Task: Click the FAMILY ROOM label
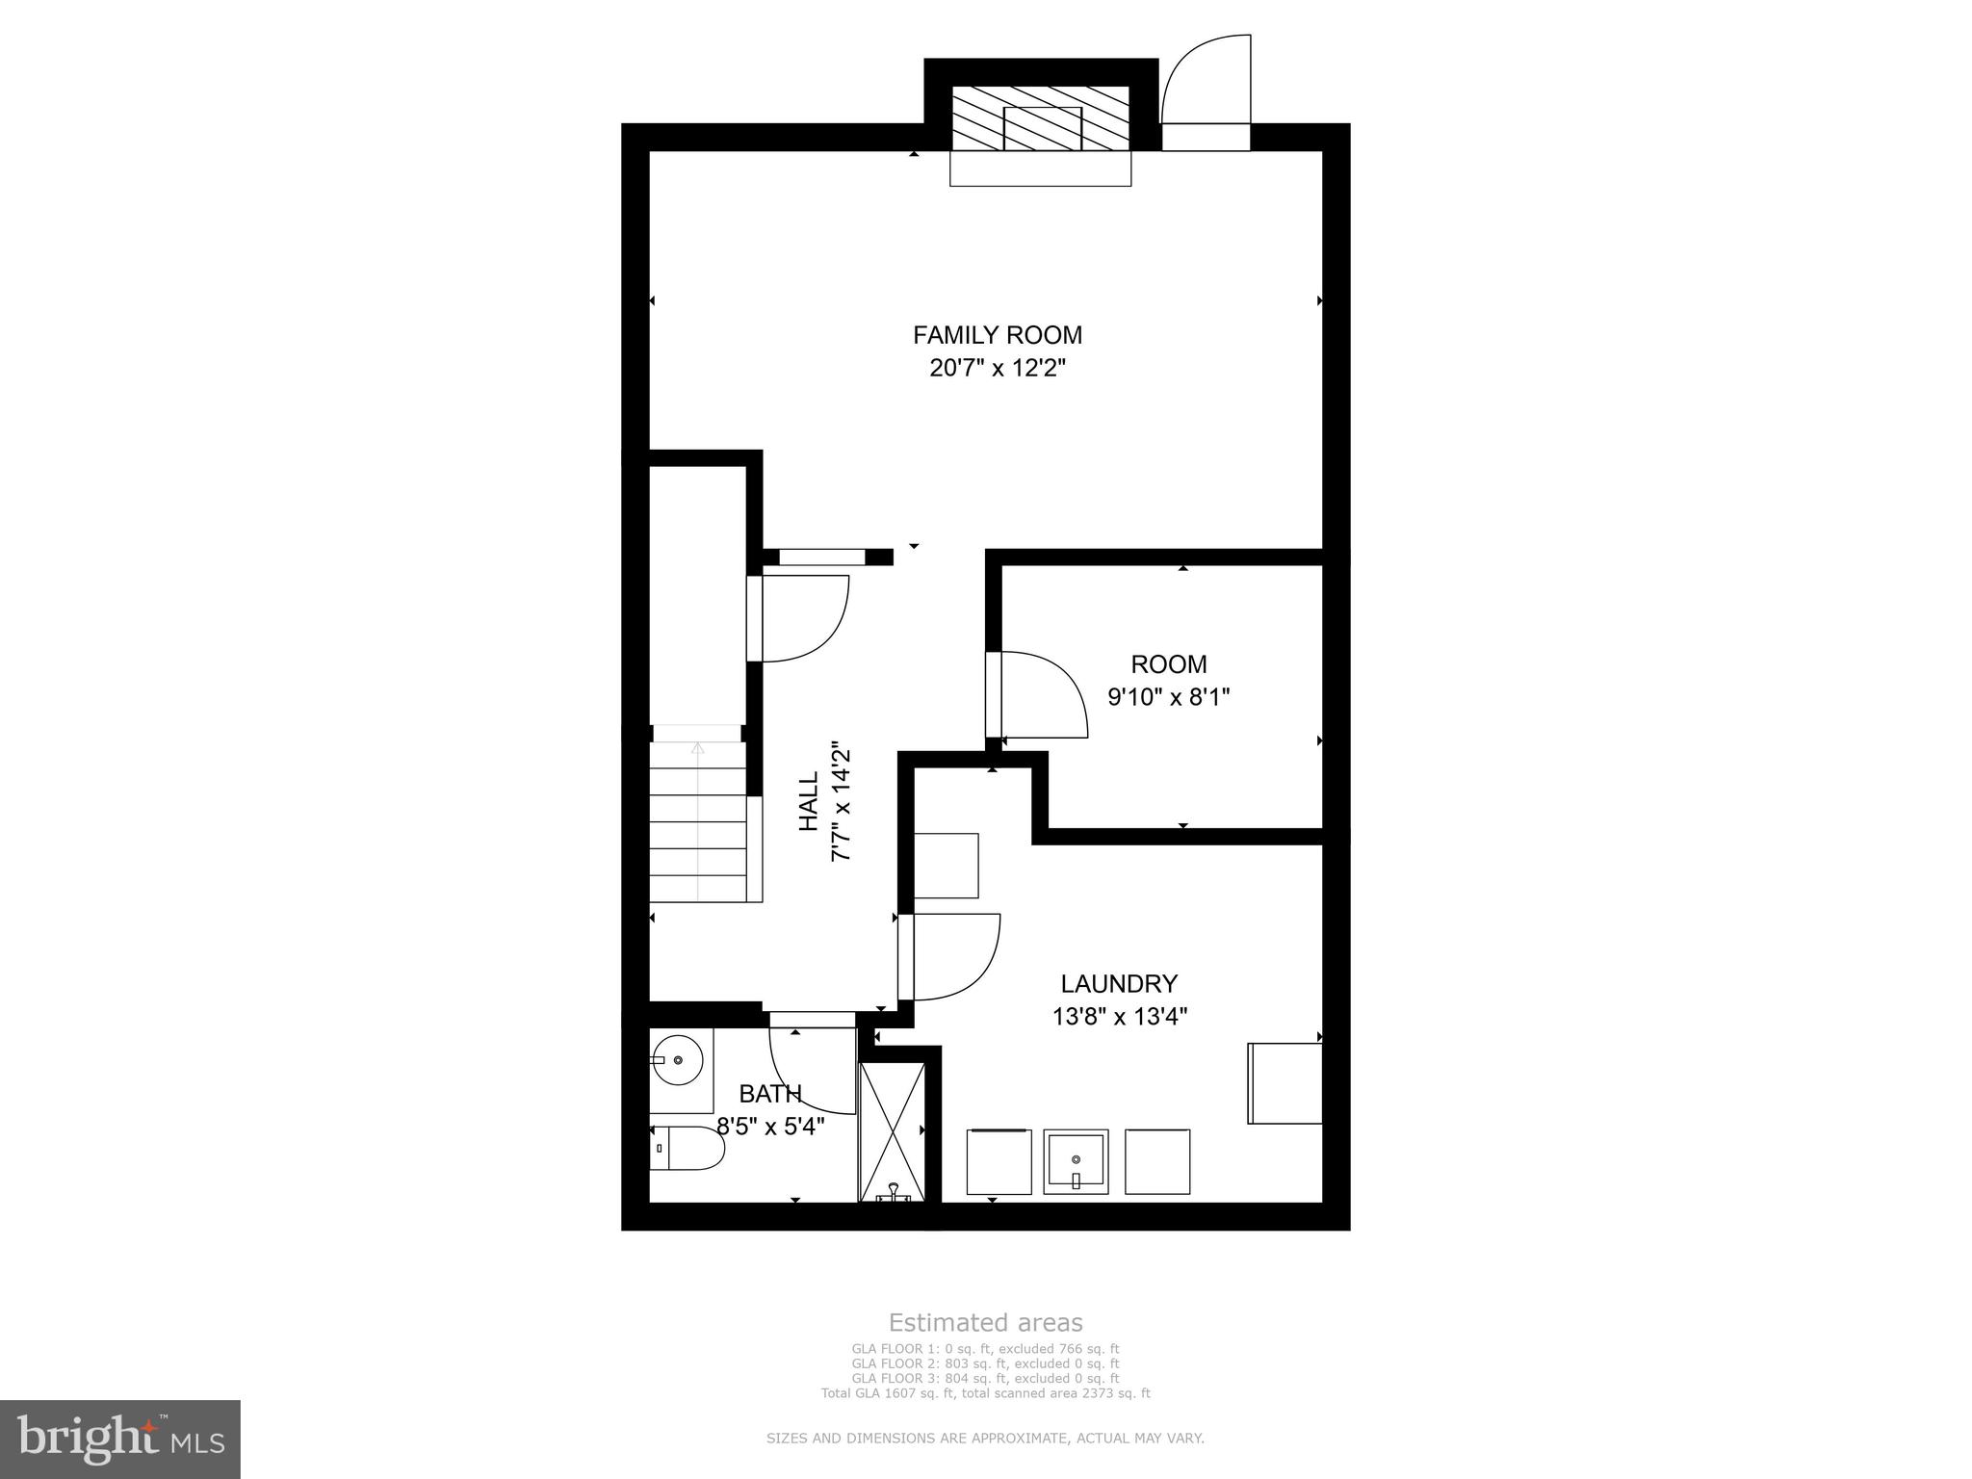(997, 335)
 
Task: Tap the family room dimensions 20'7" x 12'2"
(997, 369)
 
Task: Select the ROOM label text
(1168, 664)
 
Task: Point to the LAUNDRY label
(1119, 984)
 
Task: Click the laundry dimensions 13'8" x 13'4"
(1119, 1017)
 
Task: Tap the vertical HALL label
(809, 801)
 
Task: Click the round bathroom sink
(678, 1060)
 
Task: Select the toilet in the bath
(686, 1150)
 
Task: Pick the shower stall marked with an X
(892, 1131)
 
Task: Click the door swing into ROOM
(1043, 693)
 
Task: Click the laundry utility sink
(1076, 1161)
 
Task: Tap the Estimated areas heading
(985, 1323)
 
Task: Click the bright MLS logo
(119, 1439)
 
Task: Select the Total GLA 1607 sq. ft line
(985, 1392)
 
